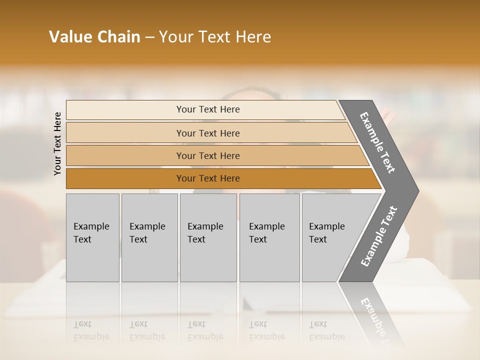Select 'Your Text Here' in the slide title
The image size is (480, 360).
[214, 37]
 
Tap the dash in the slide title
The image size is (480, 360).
[149, 37]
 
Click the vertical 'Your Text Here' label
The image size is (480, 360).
[57, 143]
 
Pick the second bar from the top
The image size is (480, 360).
[208, 133]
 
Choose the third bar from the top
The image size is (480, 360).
[208, 155]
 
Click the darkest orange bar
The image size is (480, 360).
[208, 178]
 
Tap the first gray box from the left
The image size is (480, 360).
[92, 237]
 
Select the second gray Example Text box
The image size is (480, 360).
[149, 237]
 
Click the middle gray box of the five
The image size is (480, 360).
[208, 237]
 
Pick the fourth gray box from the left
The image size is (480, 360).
[269, 237]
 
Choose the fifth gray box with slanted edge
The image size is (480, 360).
[330, 237]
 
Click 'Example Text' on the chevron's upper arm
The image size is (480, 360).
[378, 142]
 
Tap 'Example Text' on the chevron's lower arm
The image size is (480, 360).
[379, 236]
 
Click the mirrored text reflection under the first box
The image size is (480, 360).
[91, 330]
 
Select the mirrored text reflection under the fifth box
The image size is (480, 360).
[326, 330]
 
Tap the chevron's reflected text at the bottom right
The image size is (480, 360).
[377, 320]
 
